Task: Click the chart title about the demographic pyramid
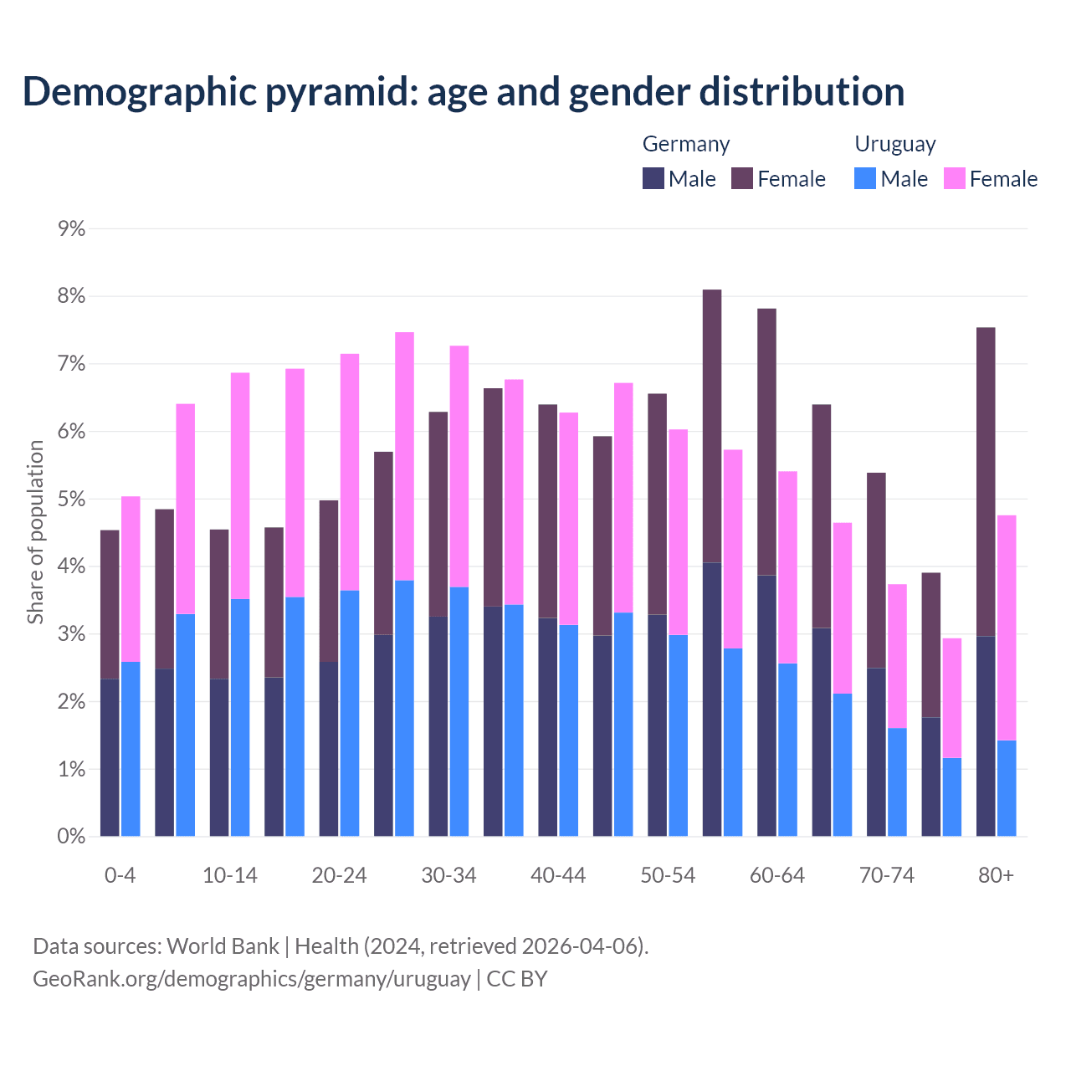click(464, 92)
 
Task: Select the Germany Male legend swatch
click(653, 179)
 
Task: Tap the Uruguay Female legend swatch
click(954, 179)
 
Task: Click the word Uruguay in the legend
click(894, 144)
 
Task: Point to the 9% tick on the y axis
click(71, 229)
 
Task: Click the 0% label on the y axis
click(71, 836)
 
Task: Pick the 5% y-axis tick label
click(71, 500)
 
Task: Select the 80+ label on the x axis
click(996, 876)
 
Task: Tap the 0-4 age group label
click(120, 876)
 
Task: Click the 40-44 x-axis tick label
click(558, 876)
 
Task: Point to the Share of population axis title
click(35, 532)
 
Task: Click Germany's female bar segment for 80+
click(986, 481)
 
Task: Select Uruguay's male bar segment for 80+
click(1007, 788)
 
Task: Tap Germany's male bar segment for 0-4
click(110, 757)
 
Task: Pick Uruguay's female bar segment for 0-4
click(131, 579)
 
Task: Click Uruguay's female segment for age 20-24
click(350, 472)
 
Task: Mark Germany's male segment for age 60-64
click(766, 705)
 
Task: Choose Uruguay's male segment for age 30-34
click(459, 711)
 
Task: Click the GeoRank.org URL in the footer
click(251, 979)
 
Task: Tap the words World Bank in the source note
click(223, 946)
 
